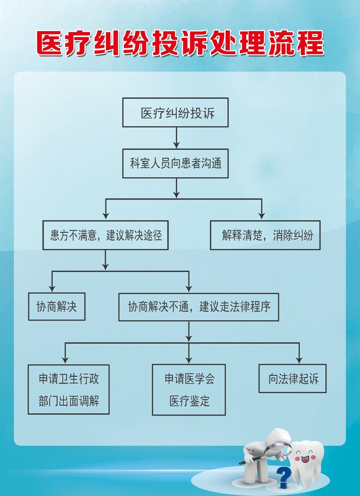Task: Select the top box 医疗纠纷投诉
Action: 175,113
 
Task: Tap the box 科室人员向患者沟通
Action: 175,163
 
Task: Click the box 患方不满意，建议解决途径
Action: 105,235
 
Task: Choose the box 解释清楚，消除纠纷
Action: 265,235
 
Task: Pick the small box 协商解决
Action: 57,306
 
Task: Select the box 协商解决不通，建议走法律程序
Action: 198,307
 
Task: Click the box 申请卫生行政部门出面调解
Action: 69,389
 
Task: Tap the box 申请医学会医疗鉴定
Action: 189,390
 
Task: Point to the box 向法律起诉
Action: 292,379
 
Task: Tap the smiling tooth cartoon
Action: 307,463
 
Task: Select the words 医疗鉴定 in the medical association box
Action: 189,401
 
